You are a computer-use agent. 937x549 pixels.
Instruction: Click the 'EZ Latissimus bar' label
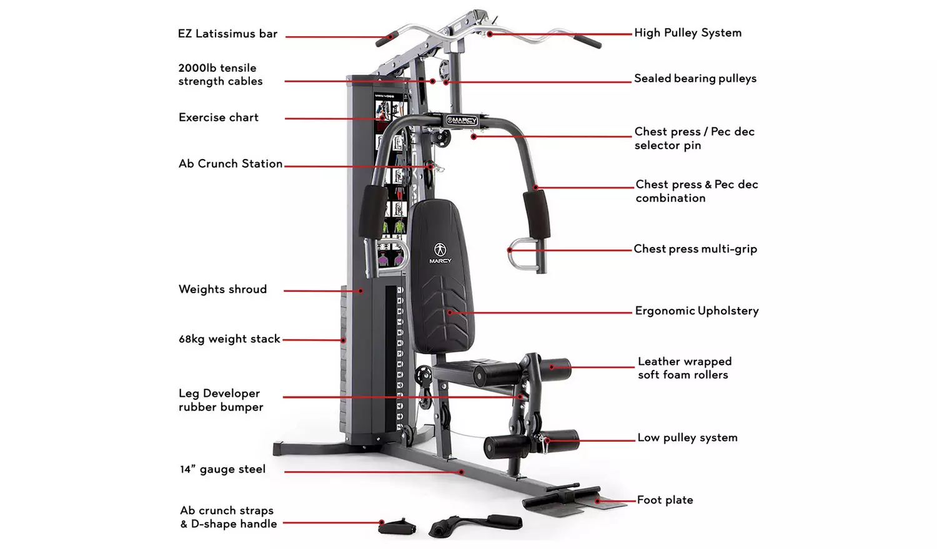(227, 34)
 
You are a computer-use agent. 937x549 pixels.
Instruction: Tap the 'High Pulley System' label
(688, 32)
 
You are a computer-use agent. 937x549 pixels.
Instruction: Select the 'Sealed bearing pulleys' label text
(695, 78)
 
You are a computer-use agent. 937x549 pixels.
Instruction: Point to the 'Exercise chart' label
(219, 117)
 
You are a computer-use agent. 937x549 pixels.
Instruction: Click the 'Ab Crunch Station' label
(231, 163)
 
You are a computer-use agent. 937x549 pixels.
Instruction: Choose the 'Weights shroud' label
(222, 289)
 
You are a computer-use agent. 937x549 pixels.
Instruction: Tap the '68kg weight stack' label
(229, 338)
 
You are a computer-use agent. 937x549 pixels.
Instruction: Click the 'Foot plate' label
(665, 500)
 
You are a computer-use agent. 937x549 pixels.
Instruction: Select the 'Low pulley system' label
(687, 437)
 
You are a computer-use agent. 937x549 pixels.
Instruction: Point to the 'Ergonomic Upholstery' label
(697, 311)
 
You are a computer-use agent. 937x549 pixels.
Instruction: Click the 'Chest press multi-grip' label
(695, 248)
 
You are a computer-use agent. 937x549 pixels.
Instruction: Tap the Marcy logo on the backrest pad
(440, 253)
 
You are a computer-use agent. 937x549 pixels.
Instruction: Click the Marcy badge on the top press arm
(462, 120)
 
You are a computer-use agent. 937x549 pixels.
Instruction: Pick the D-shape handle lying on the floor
(397, 526)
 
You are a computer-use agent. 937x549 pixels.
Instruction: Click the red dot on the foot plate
(597, 500)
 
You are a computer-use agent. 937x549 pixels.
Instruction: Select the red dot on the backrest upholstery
(450, 312)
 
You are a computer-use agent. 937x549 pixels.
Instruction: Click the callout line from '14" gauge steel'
(372, 472)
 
